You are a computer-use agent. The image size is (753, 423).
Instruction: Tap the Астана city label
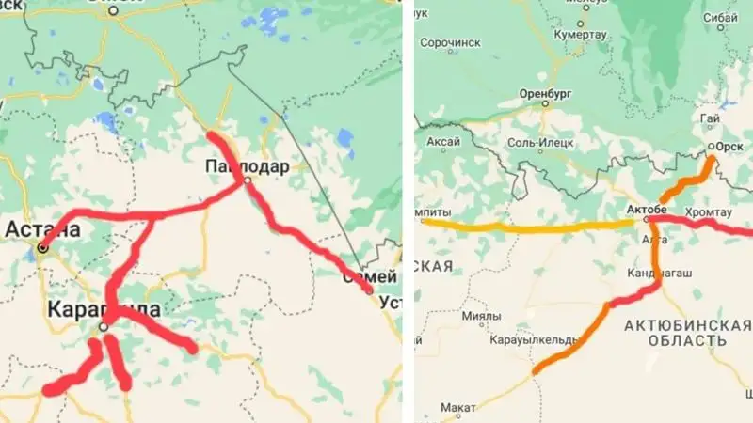point(43,228)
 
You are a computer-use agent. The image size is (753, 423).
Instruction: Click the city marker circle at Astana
point(41,248)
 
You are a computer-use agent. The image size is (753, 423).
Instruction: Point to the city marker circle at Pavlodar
point(246,180)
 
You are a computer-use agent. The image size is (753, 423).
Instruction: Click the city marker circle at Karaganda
point(104,326)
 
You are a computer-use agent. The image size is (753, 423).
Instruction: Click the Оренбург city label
point(545,94)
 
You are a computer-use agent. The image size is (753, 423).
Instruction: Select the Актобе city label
point(647,207)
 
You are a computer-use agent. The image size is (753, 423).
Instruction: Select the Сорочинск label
point(451,43)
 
